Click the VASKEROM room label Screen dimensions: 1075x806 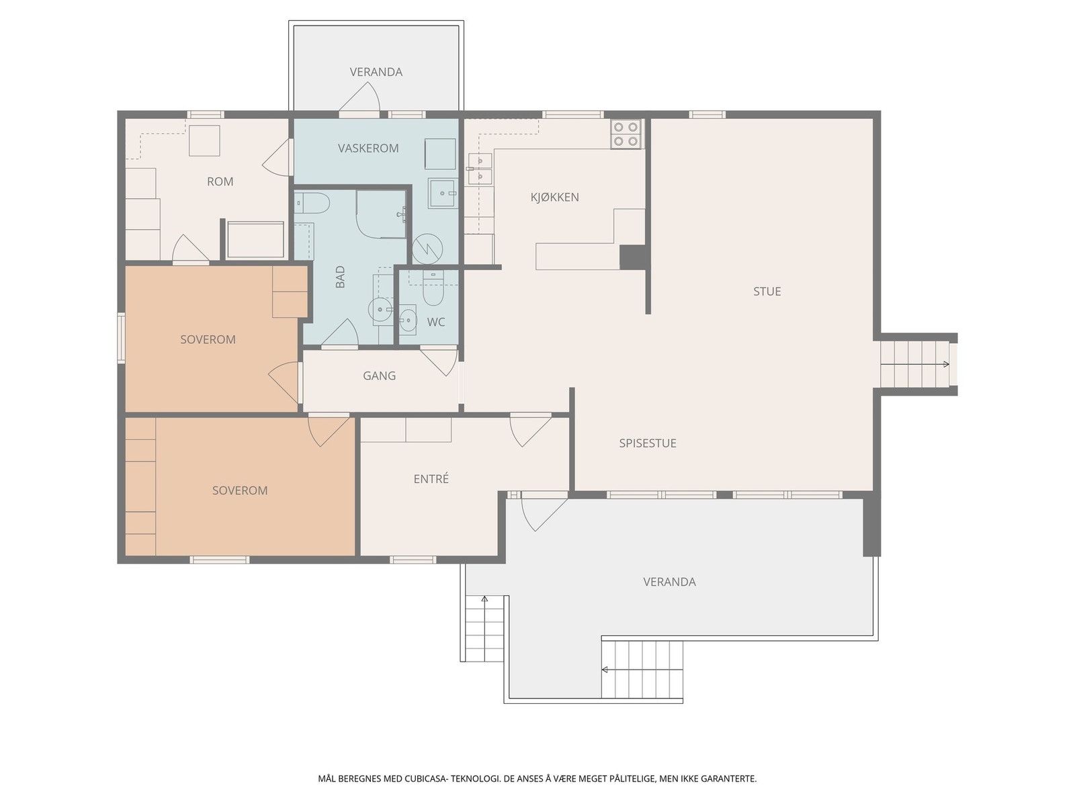tap(368, 148)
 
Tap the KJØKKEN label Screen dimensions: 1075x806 tap(554, 197)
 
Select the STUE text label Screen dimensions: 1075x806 tap(767, 292)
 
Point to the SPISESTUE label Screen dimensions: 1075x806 tap(648, 443)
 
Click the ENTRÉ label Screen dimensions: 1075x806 tap(431, 479)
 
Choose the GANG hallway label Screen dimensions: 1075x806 tap(379, 376)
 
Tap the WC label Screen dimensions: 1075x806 tap(436, 322)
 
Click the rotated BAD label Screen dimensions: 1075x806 tap(341, 277)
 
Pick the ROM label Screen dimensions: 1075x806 tap(220, 181)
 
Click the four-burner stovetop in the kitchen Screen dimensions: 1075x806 tap(626, 134)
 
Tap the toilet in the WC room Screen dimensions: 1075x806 tap(433, 289)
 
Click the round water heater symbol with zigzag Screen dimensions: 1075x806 tap(427, 249)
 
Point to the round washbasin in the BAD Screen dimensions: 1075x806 tap(380, 309)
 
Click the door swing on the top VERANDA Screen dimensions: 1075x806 tap(360, 97)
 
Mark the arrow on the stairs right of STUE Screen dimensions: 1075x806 tap(915, 364)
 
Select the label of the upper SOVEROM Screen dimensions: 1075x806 tap(208, 340)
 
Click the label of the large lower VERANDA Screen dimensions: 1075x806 tap(669, 582)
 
